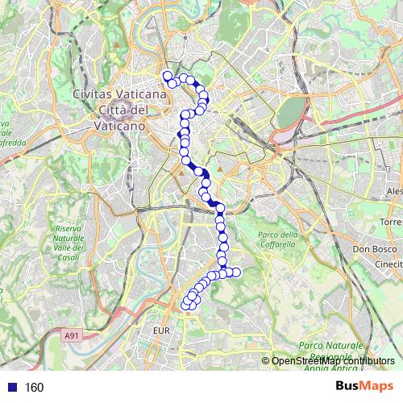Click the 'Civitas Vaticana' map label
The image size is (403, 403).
point(120,94)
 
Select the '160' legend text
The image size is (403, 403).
point(34,387)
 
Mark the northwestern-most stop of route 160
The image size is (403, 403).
point(168,77)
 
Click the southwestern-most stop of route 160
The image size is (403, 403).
point(186,305)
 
